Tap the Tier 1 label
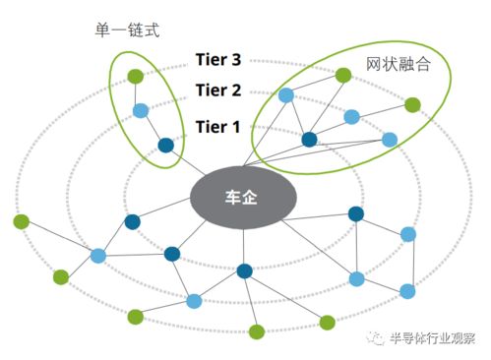(x=218, y=125)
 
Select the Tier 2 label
(x=218, y=91)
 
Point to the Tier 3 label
(x=218, y=60)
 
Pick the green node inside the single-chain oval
(x=135, y=75)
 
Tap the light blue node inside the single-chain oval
(x=141, y=110)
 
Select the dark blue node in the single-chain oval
(x=165, y=146)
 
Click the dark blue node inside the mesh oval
(x=310, y=140)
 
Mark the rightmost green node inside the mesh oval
(x=413, y=103)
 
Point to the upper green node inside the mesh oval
(x=343, y=75)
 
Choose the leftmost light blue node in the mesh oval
(x=286, y=95)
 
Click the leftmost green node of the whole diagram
(x=20, y=221)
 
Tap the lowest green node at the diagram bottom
(x=257, y=331)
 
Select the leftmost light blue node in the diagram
(x=98, y=256)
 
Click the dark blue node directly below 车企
(x=245, y=270)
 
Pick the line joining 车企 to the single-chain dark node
(x=184, y=163)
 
